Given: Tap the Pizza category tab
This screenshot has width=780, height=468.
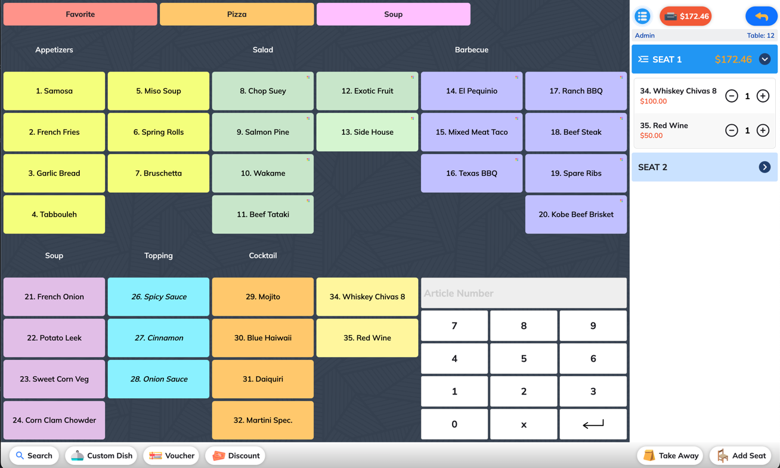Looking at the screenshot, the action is [237, 14].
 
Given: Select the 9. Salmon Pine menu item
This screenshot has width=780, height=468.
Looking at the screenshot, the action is [263, 132].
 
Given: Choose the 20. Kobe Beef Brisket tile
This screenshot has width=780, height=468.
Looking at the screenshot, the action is [576, 214].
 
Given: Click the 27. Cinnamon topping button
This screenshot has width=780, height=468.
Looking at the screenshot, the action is [159, 338].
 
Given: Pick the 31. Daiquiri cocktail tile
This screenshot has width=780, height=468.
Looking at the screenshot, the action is [263, 379].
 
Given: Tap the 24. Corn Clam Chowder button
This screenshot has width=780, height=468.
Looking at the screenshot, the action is [54, 420].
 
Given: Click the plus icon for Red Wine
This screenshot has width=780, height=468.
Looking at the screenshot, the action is [763, 130].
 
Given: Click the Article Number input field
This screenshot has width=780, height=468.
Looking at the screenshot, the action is [524, 293].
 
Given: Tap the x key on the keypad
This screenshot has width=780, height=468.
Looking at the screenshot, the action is [524, 424].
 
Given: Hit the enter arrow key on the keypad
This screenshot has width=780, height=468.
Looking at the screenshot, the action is [593, 424].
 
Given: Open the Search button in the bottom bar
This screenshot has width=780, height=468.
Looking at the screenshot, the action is [34, 455].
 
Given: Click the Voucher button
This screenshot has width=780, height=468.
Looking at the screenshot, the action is [171, 455].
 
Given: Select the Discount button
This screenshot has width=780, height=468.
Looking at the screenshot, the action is [236, 455].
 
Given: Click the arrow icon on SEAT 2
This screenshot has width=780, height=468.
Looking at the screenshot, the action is [764, 167].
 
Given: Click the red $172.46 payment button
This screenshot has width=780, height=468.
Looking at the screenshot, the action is [685, 16].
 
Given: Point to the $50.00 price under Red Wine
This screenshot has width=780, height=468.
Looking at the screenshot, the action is [651, 136].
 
